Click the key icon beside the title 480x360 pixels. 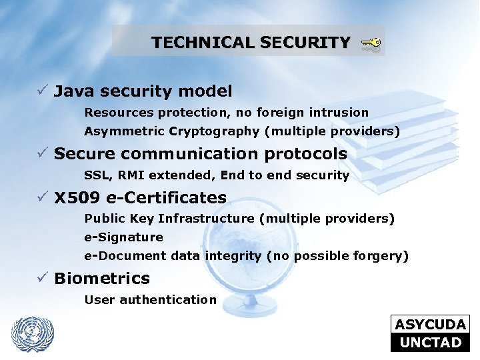click(x=371, y=44)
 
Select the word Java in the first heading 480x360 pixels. click(x=73, y=91)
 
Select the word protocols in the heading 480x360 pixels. click(x=306, y=154)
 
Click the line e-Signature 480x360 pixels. click(x=123, y=237)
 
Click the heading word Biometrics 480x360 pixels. click(x=102, y=278)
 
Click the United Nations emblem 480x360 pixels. click(x=32, y=333)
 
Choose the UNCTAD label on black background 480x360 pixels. click(x=430, y=343)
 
